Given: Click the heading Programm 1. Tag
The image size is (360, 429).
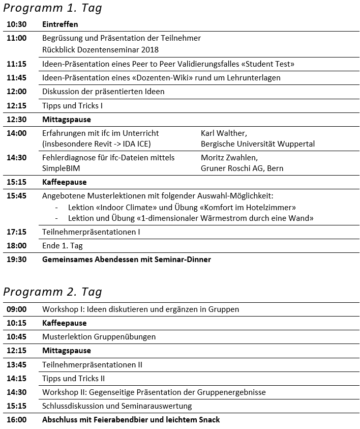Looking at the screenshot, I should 52,8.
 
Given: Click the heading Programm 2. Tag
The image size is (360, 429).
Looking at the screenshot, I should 52,292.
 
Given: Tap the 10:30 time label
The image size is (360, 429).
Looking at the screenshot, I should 17,24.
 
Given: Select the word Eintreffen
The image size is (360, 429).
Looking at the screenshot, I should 60,24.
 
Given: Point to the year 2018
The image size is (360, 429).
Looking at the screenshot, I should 149,50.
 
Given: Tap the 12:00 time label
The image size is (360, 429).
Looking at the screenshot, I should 17,92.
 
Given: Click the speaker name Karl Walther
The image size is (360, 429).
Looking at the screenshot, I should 224,133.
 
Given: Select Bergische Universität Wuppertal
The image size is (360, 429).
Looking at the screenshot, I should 257,144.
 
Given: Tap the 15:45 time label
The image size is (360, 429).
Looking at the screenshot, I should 17,196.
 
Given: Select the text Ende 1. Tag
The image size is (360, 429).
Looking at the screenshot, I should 63,246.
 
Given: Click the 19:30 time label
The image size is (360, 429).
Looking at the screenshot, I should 17,260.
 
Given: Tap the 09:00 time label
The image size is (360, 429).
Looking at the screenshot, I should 17,309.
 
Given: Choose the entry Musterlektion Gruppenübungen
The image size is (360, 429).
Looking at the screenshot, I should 99,337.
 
